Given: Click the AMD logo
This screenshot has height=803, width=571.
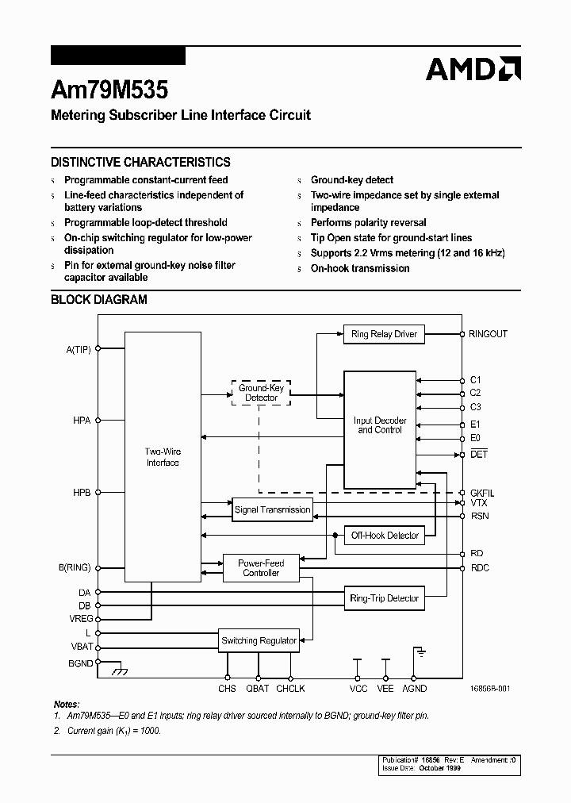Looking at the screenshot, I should [473, 69].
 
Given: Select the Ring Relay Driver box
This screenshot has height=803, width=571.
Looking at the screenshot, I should [384, 334].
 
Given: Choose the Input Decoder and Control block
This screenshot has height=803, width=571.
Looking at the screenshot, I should [380, 425].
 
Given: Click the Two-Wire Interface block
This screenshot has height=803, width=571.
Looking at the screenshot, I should [163, 457].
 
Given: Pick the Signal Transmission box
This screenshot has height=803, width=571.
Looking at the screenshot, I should [272, 510].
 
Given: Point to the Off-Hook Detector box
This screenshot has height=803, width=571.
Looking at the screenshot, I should [385, 536].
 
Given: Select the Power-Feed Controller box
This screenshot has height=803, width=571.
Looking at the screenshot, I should [261, 568].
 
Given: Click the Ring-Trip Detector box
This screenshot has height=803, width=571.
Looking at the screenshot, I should [384, 598].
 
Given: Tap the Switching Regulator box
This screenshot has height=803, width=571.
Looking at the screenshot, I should [259, 640].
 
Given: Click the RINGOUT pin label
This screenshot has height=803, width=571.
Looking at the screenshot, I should [488, 334].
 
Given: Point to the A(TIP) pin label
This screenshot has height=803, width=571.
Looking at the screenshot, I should [79, 348].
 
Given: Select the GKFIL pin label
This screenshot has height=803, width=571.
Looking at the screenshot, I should [481, 494].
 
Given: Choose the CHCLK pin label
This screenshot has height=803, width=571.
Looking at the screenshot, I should [290, 689].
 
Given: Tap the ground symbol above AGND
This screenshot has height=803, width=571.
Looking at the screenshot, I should [417, 653].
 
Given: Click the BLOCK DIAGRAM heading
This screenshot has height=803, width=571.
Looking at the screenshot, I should [99, 300].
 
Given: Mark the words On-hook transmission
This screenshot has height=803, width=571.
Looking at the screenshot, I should [360, 268].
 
